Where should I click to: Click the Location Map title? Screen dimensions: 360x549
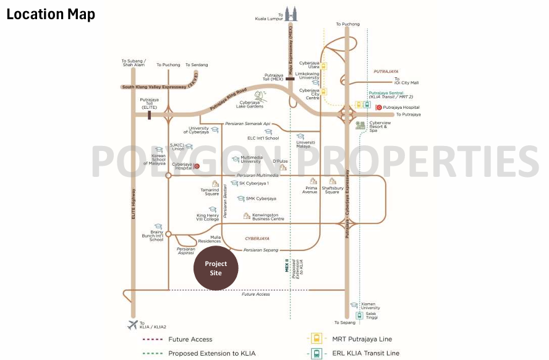51,14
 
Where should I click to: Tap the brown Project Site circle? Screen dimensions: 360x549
216,268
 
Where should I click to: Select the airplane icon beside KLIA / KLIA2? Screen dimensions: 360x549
132,325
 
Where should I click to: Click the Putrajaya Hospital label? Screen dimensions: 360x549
401,107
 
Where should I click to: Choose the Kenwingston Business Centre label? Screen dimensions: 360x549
268,217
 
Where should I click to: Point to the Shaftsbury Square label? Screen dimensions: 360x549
332,190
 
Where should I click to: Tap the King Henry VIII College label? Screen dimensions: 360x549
208,217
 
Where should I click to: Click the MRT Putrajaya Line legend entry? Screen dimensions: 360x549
362,339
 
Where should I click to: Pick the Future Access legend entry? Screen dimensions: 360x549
190,339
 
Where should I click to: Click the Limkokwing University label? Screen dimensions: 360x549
307,75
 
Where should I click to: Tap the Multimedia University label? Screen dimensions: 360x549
250,160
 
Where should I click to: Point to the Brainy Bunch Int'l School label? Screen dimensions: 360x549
151,236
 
